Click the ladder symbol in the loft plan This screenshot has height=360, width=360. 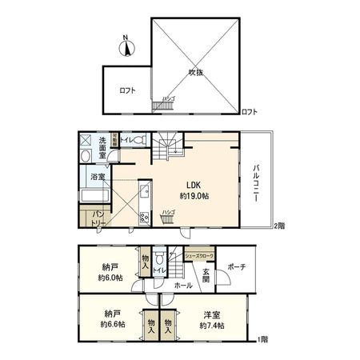point(164,105)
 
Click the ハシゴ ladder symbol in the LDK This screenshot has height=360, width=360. point(167,218)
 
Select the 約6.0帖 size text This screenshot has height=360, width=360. point(110,278)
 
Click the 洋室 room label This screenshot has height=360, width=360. point(210,314)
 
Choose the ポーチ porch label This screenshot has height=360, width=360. point(236,266)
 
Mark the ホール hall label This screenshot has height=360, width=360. point(182,285)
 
